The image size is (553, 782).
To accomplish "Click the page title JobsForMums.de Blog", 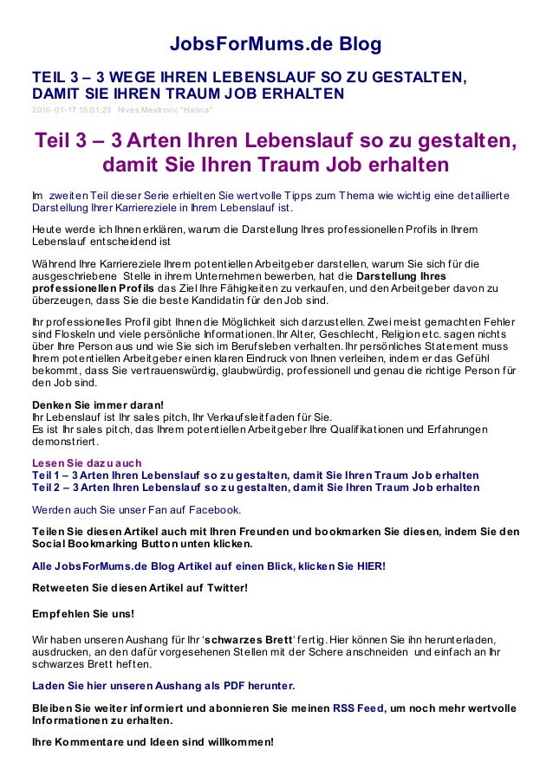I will pos(275,44).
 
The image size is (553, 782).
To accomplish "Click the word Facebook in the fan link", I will pos(213,509).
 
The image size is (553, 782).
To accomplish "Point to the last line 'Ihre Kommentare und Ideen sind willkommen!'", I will pos(153,742).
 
